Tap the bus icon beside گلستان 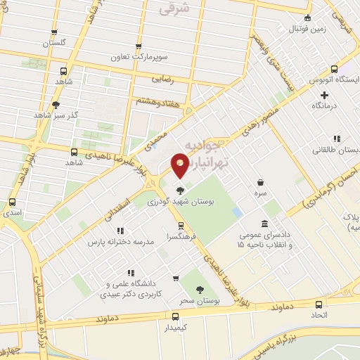tap(54, 32)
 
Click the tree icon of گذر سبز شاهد tap(56, 105)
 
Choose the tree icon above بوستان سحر tap(199, 290)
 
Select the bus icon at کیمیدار tap(175, 317)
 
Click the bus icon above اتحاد tap(319, 305)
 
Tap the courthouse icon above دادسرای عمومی tap(264, 224)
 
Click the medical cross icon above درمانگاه tap(324, 94)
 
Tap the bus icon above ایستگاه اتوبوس tap(334, 70)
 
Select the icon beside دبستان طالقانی tap(337, 139)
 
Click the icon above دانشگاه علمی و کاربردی tap(130, 273)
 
